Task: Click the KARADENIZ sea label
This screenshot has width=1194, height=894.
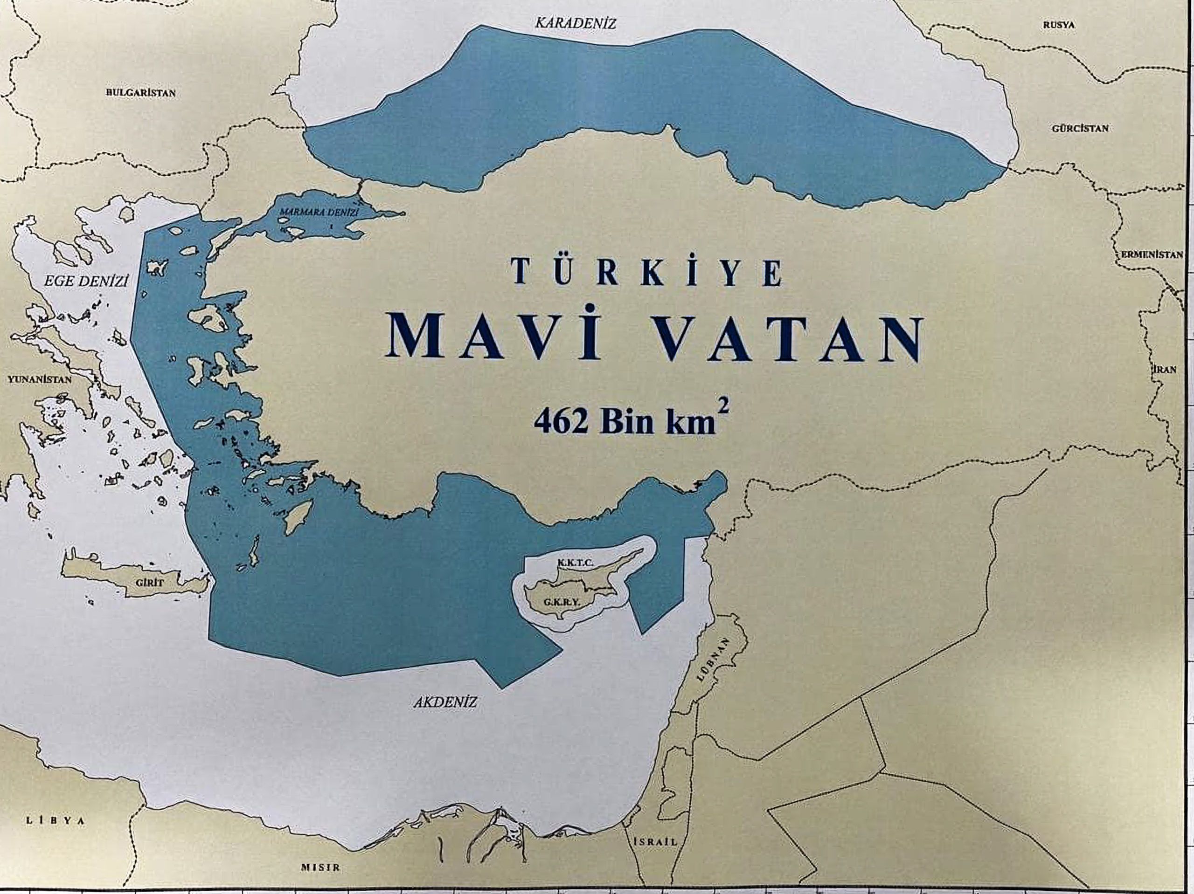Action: pos(575,23)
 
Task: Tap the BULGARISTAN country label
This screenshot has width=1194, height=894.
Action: pos(140,93)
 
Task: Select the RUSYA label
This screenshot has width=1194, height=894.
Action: pos(1059,25)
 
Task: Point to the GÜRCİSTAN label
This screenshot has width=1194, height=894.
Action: pos(1080,128)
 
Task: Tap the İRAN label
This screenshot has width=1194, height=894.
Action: pos(1164,370)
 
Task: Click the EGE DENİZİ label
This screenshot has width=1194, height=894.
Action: pos(86,282)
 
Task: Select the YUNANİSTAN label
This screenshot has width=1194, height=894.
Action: pos(39,379)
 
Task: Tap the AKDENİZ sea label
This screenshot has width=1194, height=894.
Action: pos(446,702)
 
